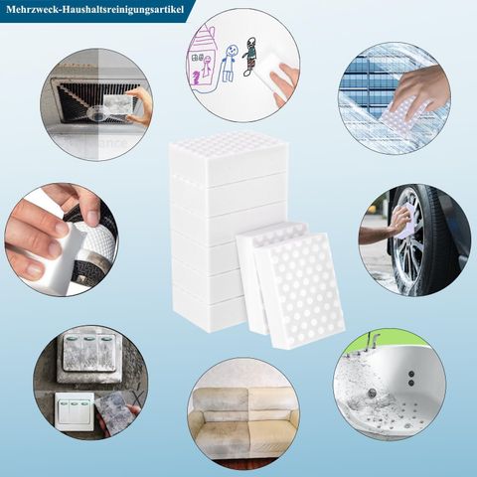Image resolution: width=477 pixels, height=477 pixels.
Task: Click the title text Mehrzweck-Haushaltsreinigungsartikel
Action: click(x=94, y=10)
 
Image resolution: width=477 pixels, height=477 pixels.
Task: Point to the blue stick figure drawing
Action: click(x=230, y=63)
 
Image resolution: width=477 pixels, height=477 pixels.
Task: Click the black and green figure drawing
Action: click(x=250, y=56)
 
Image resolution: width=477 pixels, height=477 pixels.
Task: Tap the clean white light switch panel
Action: click(x=75, y=411)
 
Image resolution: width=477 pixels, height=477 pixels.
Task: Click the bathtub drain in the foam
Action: click(x=375, y=393)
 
